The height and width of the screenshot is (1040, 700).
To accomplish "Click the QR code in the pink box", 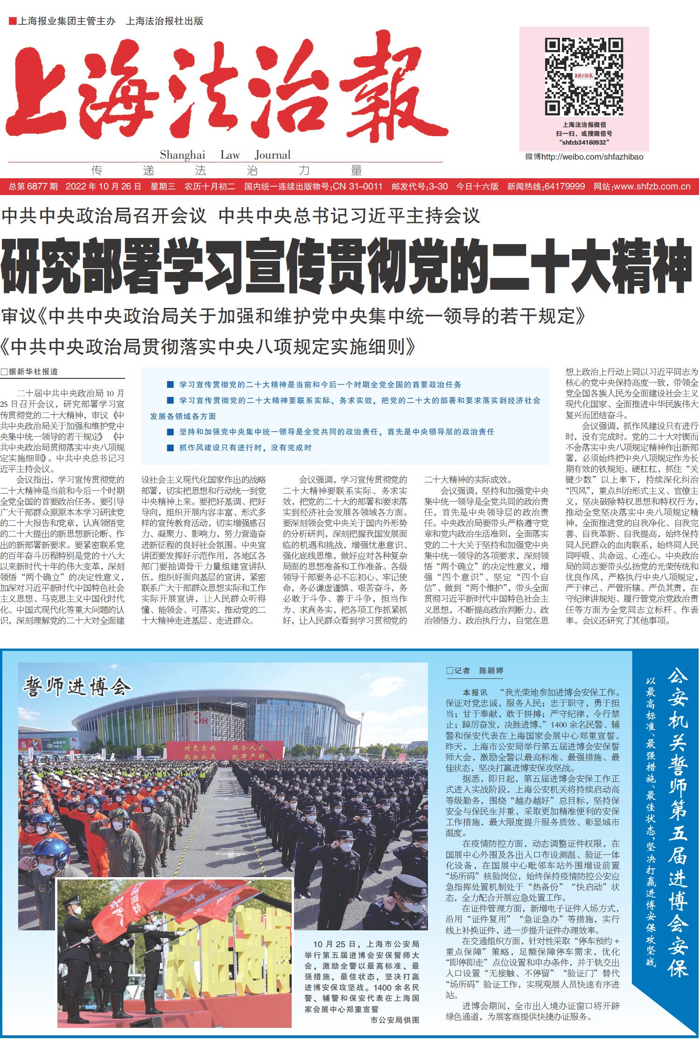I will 584,77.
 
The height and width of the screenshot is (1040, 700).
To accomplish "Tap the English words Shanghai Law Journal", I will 225,155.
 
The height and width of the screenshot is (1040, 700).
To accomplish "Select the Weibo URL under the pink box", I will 584,157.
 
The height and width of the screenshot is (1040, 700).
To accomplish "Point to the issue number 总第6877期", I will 34,187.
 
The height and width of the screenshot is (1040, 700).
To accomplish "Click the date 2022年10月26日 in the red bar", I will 103,187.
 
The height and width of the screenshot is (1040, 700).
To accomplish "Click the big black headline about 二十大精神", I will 345,265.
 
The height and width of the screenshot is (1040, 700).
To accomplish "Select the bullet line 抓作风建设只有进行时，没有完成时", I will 245,447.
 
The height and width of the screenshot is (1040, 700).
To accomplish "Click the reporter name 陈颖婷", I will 491,670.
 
